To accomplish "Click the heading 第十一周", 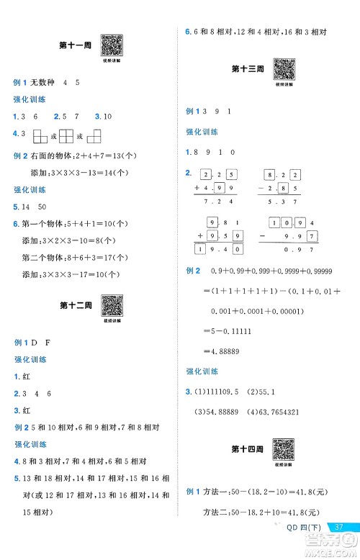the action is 74,48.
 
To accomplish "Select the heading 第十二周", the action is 74,307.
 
